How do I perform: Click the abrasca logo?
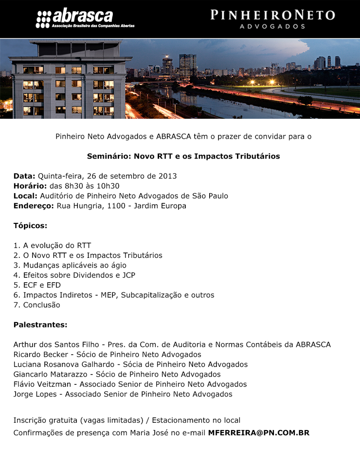85,18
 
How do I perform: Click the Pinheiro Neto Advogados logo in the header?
272,18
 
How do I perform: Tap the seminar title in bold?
183,157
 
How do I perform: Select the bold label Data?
24,176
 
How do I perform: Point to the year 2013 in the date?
167,176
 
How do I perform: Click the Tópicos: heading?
30,226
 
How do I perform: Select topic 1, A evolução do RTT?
52,246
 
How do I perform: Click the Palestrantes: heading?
40,324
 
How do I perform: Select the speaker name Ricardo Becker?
41,355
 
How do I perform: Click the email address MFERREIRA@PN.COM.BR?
258,432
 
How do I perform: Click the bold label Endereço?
34,206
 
